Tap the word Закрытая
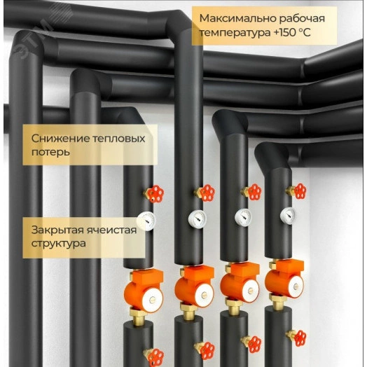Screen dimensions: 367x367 (57, 230)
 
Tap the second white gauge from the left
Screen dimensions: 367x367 (195, 218)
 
